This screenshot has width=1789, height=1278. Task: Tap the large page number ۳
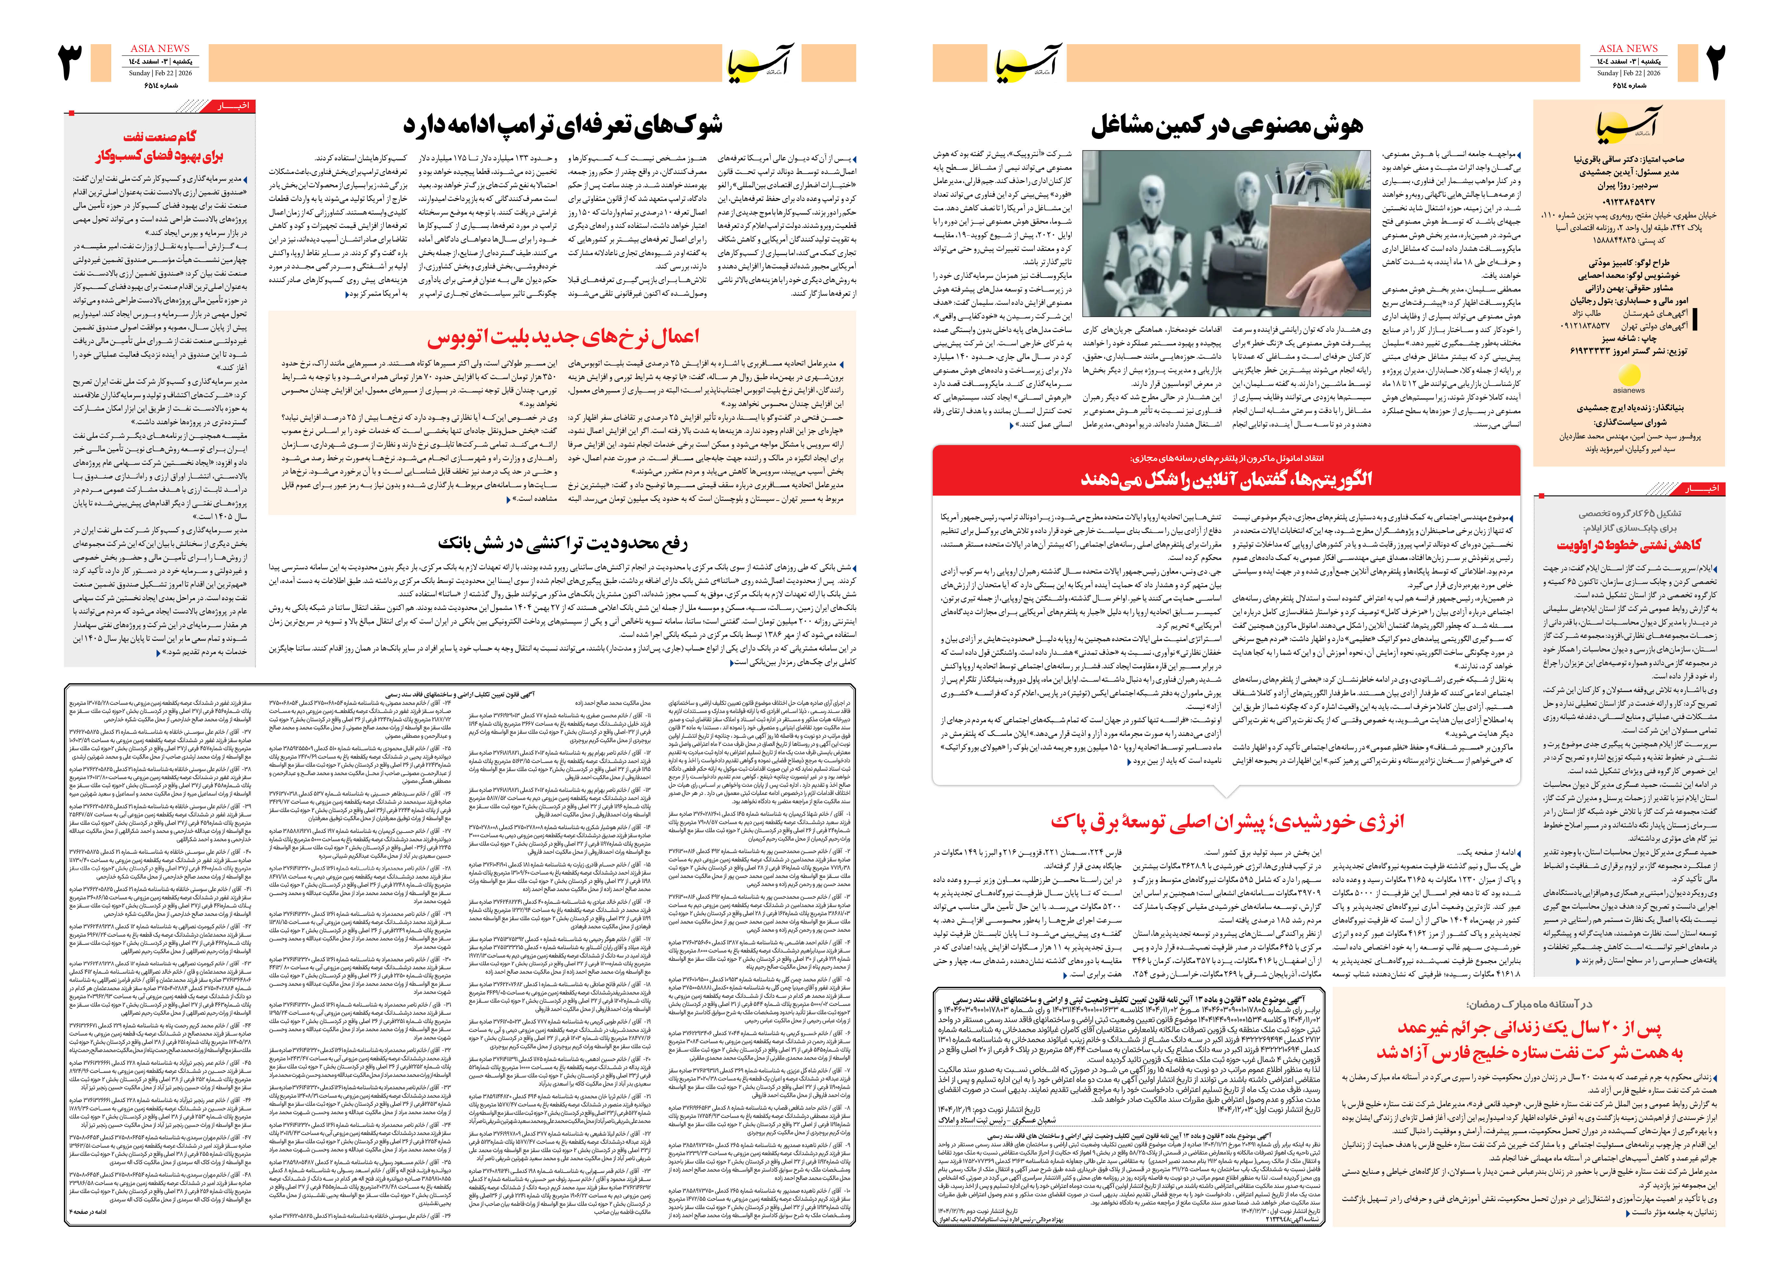71,63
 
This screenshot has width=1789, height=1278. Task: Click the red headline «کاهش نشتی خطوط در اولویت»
1629,545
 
